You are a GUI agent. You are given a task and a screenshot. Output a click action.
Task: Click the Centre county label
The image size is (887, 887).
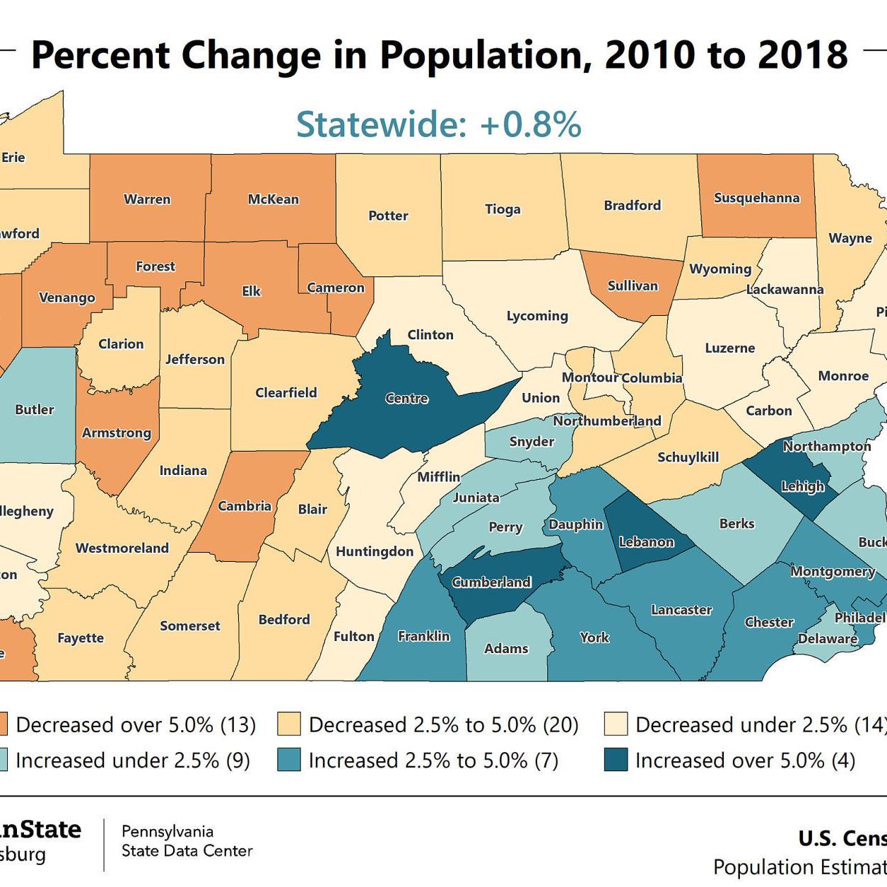coord(407,399)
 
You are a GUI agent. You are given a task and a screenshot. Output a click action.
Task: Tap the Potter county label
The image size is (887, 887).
coord(388,216)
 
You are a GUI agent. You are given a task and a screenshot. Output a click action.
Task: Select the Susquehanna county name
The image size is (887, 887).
coord(756,198)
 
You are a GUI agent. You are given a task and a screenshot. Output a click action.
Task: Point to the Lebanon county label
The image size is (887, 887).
coord(646,542)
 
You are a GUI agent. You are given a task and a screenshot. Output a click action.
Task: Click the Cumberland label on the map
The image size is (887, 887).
coord(491,582)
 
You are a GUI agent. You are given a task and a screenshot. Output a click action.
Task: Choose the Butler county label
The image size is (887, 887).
coord(34,409)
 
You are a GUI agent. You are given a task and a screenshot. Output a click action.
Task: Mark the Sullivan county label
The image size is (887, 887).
coord(633,286)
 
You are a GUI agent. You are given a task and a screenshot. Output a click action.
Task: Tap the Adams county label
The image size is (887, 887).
coord(506,648)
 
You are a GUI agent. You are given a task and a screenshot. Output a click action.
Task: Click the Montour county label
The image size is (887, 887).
coord(589,377)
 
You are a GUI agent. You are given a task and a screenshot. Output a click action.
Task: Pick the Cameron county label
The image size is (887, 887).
coord(336,288)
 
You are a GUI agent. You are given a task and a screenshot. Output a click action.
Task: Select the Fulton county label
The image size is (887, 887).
coord(353,636)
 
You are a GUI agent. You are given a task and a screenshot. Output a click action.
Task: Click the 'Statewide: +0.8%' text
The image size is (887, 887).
coord(438,124)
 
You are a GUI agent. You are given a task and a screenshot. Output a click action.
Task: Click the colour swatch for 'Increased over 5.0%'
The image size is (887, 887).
coord(616,760)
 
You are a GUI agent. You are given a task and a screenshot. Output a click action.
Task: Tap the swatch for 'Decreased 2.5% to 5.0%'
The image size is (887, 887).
coord(289,724)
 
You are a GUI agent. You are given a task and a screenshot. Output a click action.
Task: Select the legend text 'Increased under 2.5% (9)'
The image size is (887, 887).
coord(133,760)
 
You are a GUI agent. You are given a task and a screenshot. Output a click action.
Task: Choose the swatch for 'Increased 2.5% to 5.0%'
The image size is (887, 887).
coord(289,760)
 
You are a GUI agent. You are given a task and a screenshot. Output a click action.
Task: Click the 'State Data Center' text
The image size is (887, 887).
coord(187,851)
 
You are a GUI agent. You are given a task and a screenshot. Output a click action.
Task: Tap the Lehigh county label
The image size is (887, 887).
coord(802,486)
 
